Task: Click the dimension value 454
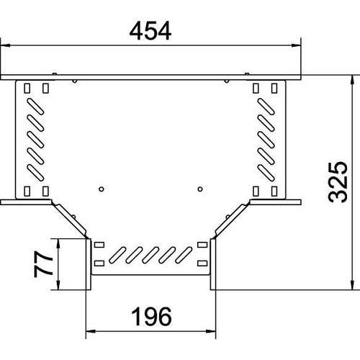tap(150, 31)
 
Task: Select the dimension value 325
tap(338, 182)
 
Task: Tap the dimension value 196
tap(151, 317)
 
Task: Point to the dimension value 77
tap(43, 264)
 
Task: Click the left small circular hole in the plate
tap(102, 189)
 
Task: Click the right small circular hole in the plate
tap(200, 189)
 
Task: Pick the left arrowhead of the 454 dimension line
tap(6, 45)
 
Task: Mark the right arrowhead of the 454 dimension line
tap(296, 45)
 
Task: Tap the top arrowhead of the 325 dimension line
tap(352, 80)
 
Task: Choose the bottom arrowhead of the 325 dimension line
tap(352, 285)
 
